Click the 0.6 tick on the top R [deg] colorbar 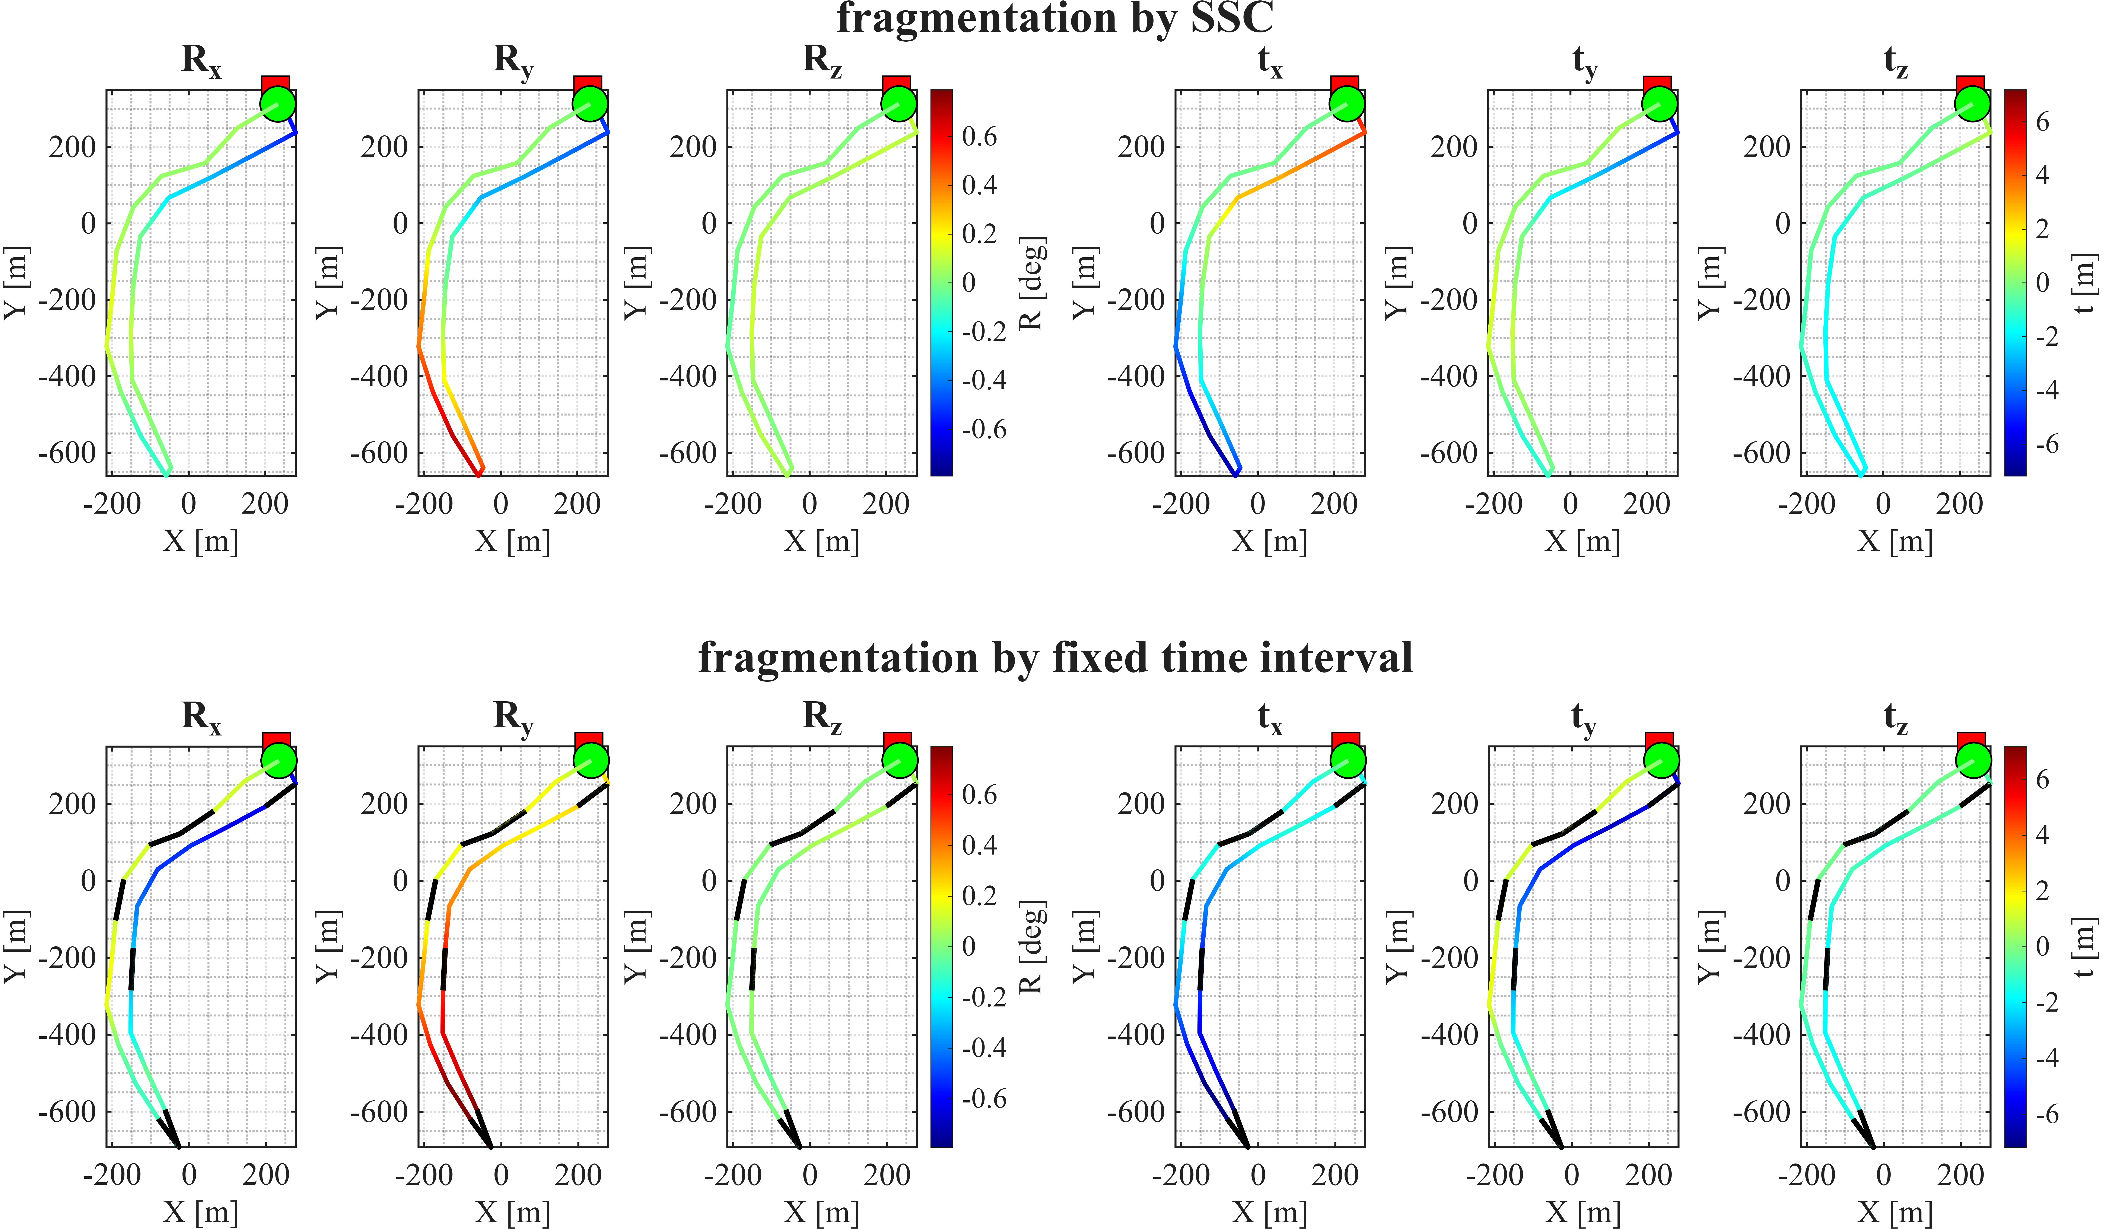click(x=979, y=136)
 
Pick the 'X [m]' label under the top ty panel click(x=1582, y=542)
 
